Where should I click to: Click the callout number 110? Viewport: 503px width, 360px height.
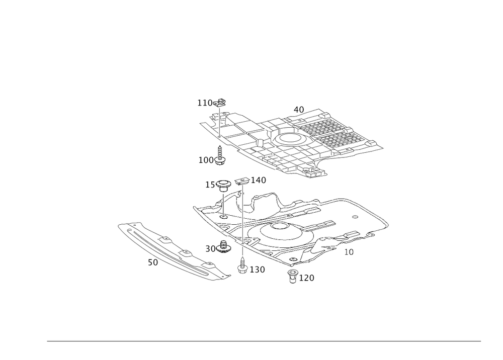pos(204,103)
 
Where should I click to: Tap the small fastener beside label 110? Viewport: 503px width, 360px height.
pos(221,102)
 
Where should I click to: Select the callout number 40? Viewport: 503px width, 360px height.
pos(299,108)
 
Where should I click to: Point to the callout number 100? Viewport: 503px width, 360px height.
pos(205,160)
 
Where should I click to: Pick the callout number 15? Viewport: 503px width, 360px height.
pos(210,185)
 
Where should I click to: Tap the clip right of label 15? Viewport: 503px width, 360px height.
pos(224,184)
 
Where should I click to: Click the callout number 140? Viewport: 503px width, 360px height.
pos(258,180)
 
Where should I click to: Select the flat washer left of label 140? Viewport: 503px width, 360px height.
pos(241,181)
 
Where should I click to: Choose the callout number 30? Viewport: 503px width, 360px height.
pos(210,248)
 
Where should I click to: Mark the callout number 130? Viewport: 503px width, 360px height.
pos(258,270)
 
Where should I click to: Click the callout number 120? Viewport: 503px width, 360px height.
pos(307,278)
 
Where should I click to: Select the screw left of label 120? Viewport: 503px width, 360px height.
pos(292,275)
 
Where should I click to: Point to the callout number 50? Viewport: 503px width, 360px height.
pos(152,262)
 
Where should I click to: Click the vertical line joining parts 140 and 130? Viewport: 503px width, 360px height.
pos(242,221)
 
